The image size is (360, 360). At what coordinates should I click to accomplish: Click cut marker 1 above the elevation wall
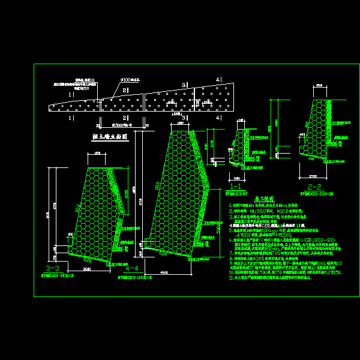[70, 94]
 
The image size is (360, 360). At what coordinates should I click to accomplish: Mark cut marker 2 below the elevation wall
[124, 119]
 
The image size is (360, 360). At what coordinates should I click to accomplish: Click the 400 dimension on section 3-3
[70, 235]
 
